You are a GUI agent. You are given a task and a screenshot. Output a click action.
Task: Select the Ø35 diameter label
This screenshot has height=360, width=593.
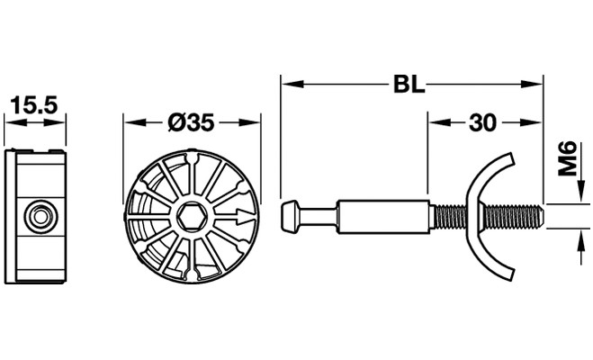pos(192,122)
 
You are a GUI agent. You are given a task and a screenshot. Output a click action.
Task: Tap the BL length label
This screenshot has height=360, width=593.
pos(409,85)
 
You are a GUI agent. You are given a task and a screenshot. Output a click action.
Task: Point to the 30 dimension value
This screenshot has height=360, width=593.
pos(482,122)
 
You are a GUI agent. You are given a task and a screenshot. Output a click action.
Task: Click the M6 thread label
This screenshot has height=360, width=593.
pos(568,158)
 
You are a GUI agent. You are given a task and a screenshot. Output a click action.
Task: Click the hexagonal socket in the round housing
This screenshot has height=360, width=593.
pos(192,217)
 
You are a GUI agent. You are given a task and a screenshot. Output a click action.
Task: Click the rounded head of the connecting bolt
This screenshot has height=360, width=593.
pos(290,217)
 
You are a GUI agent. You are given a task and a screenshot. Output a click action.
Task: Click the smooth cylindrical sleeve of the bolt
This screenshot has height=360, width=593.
pos(382,217)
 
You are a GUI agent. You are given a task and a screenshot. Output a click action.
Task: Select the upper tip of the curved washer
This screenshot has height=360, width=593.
pos(511,158)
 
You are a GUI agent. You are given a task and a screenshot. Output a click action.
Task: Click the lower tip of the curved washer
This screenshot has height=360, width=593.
pos(511,274)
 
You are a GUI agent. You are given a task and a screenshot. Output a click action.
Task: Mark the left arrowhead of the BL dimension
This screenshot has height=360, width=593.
pos(292,84)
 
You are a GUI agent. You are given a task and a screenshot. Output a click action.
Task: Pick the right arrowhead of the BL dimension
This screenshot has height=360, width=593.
pos(531,84)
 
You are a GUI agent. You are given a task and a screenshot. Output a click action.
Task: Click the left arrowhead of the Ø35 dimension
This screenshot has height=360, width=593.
pos(135,122)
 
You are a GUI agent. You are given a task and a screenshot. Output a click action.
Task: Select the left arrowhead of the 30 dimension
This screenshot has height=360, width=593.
pos(439,122)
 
